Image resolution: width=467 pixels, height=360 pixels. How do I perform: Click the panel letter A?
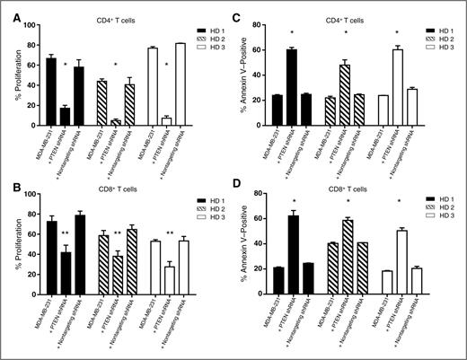pyautogui.click(x=8, y=7)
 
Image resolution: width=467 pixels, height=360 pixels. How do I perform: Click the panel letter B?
pyautogui.click(x=8, y=187)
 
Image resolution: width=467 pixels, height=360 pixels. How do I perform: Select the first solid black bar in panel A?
pyautogui.click(x=51, y=98)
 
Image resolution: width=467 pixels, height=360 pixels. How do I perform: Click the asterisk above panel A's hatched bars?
pyautogui.click(x=115, y=66)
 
